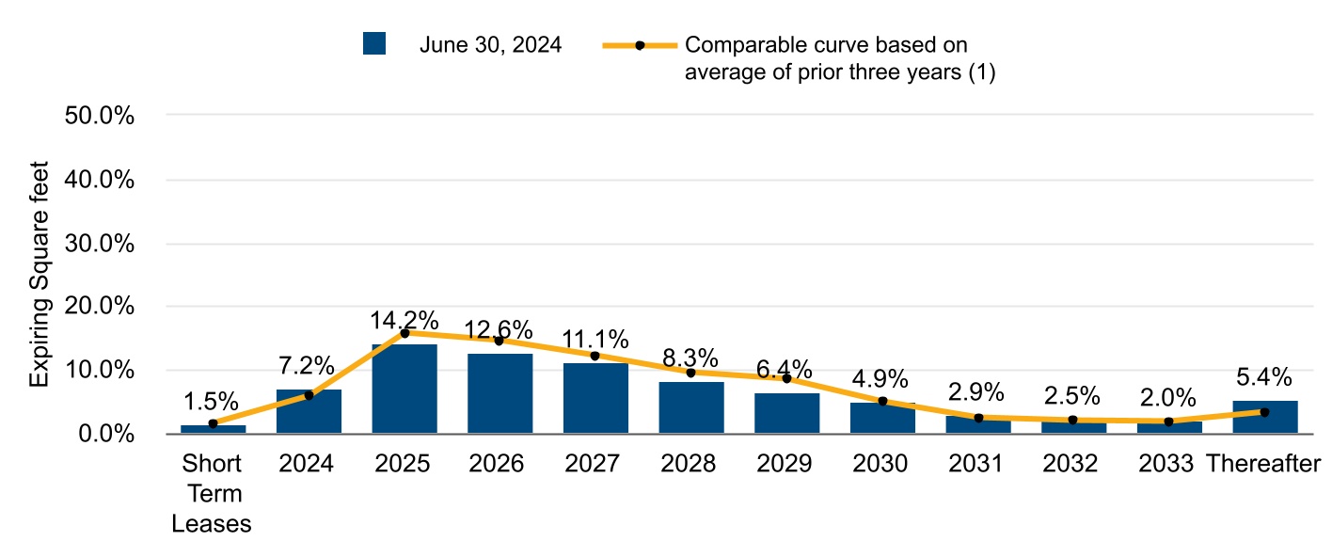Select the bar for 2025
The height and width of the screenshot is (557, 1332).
click(404, 389)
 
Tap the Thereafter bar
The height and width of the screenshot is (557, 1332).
click(1264, 417)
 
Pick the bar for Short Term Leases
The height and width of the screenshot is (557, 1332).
click(214, 429)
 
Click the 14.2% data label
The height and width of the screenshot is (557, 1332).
click(404, 320)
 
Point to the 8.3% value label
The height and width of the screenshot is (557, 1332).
click(690, 358)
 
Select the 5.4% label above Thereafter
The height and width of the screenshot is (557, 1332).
click(1264, 376)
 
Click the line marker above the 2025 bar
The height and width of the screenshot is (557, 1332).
click(404, 333)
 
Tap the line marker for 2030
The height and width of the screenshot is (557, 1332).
click(882, 401)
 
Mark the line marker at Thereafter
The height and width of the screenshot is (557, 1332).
click(1264, 412)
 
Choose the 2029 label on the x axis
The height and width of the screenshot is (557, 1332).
click(786, 464)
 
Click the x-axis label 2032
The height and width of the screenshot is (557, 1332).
click(1073, 464)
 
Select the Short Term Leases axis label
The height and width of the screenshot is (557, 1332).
click(212, 494)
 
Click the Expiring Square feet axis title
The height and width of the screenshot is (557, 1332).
click(39, 273)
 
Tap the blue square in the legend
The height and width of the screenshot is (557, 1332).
click(374, 44)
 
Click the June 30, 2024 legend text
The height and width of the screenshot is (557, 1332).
click(490, 44)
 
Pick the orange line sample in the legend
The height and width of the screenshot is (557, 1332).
click(639, 45)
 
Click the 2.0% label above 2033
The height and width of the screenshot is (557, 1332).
click(1168, 396)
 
